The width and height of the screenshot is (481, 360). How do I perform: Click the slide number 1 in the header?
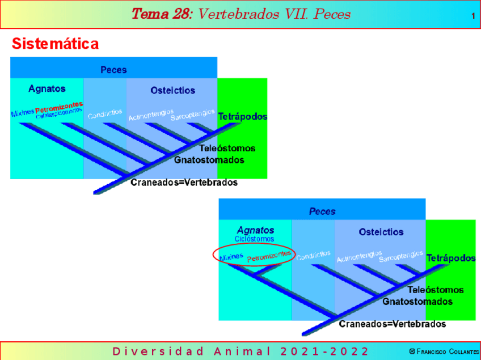pos(473,16)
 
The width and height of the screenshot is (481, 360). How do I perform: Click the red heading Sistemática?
pos(55,44)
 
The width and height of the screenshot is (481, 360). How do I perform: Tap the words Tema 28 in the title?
pos(161,14)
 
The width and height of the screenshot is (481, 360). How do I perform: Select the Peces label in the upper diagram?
pos(113,70)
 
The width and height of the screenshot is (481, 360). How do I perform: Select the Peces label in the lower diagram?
pos(322,211)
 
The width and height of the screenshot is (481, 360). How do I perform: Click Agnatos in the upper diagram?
pos(47,88)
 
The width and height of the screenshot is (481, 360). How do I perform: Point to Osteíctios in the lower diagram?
pos(381,232)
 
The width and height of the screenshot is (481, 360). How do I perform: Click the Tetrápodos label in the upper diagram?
pos(242,116)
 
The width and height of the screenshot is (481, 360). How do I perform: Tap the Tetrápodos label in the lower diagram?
pos(451,258)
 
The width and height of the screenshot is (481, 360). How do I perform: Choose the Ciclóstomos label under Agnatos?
pos(255,239)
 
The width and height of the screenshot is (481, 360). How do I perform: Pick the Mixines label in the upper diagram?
pos(23,113)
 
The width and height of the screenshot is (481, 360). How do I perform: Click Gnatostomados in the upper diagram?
pos(209,160)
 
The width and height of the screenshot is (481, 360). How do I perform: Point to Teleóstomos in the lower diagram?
pos(436,290)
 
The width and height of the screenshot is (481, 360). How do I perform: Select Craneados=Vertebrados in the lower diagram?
pos(393,324)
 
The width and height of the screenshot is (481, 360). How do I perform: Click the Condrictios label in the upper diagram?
pos(105,114)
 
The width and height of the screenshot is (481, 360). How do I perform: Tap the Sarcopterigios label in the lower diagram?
pos(401,256)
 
